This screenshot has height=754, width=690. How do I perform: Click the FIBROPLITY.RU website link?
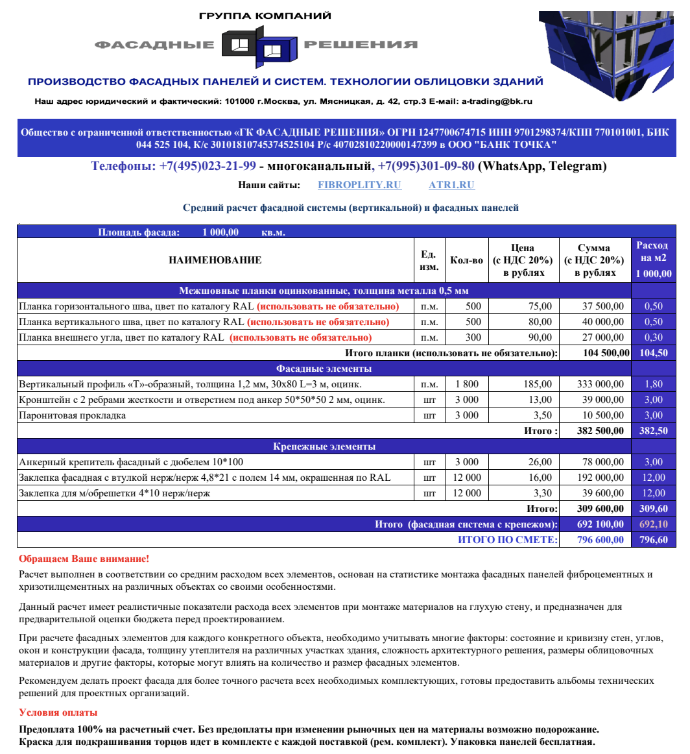pos(359,185)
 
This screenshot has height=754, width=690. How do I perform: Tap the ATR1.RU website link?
pos(451,185)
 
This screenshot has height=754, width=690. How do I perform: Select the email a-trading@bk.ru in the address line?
pos(497,101)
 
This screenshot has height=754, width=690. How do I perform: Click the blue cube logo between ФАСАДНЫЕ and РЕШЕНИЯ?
pos(259,45)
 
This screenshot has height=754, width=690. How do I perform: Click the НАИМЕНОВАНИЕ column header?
pos(215,260)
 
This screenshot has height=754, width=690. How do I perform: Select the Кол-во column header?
pos(466,260)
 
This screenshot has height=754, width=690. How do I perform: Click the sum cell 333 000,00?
pos(601,384)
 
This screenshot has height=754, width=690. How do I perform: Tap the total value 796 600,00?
pos(601,540)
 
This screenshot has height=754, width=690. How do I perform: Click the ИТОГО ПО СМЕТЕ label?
pos(507,540)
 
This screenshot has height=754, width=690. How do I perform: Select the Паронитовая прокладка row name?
pos(73,415)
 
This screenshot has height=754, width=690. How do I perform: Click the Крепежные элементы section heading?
pos(324,446)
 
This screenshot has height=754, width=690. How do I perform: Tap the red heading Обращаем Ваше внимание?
pos(84,559)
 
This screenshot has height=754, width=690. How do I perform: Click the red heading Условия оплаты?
pos(58,712)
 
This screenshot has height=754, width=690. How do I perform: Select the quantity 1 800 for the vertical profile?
pos(466,384)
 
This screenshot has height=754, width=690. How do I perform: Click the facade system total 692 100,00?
pos(601,524)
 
